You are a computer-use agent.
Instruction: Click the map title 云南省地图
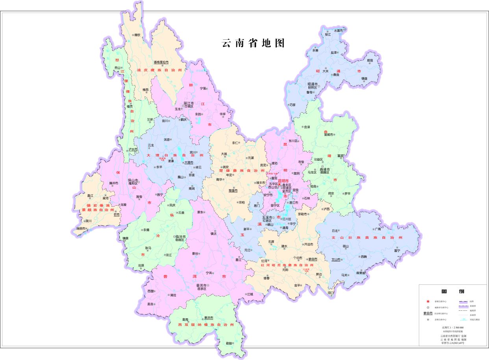[x=253, y=43]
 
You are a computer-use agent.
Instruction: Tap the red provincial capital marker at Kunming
[x=279, y=184]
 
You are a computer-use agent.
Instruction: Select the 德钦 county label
[x=137, y=35]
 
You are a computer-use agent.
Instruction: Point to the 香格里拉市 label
[x=161, y=62]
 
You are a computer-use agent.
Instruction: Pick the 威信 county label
[x=370, y=61]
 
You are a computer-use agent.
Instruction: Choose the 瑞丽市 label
[x=81, y=228]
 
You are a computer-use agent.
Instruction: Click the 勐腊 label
[x=229, y=343]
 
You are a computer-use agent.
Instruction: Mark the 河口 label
[x=330, y=293]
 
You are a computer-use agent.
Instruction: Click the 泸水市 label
[x=133, y=150]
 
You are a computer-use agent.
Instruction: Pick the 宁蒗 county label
[x=203, y=88]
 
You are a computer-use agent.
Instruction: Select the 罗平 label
[x=347, y=193]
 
